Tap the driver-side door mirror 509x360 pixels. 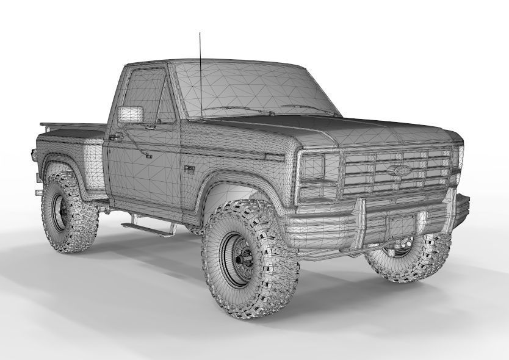click(131, 114)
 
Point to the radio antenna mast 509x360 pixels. click(200, 73)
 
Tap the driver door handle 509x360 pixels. click(114, 138)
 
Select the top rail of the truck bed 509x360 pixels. click(70, 125)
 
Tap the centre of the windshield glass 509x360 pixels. click(256, 88)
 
